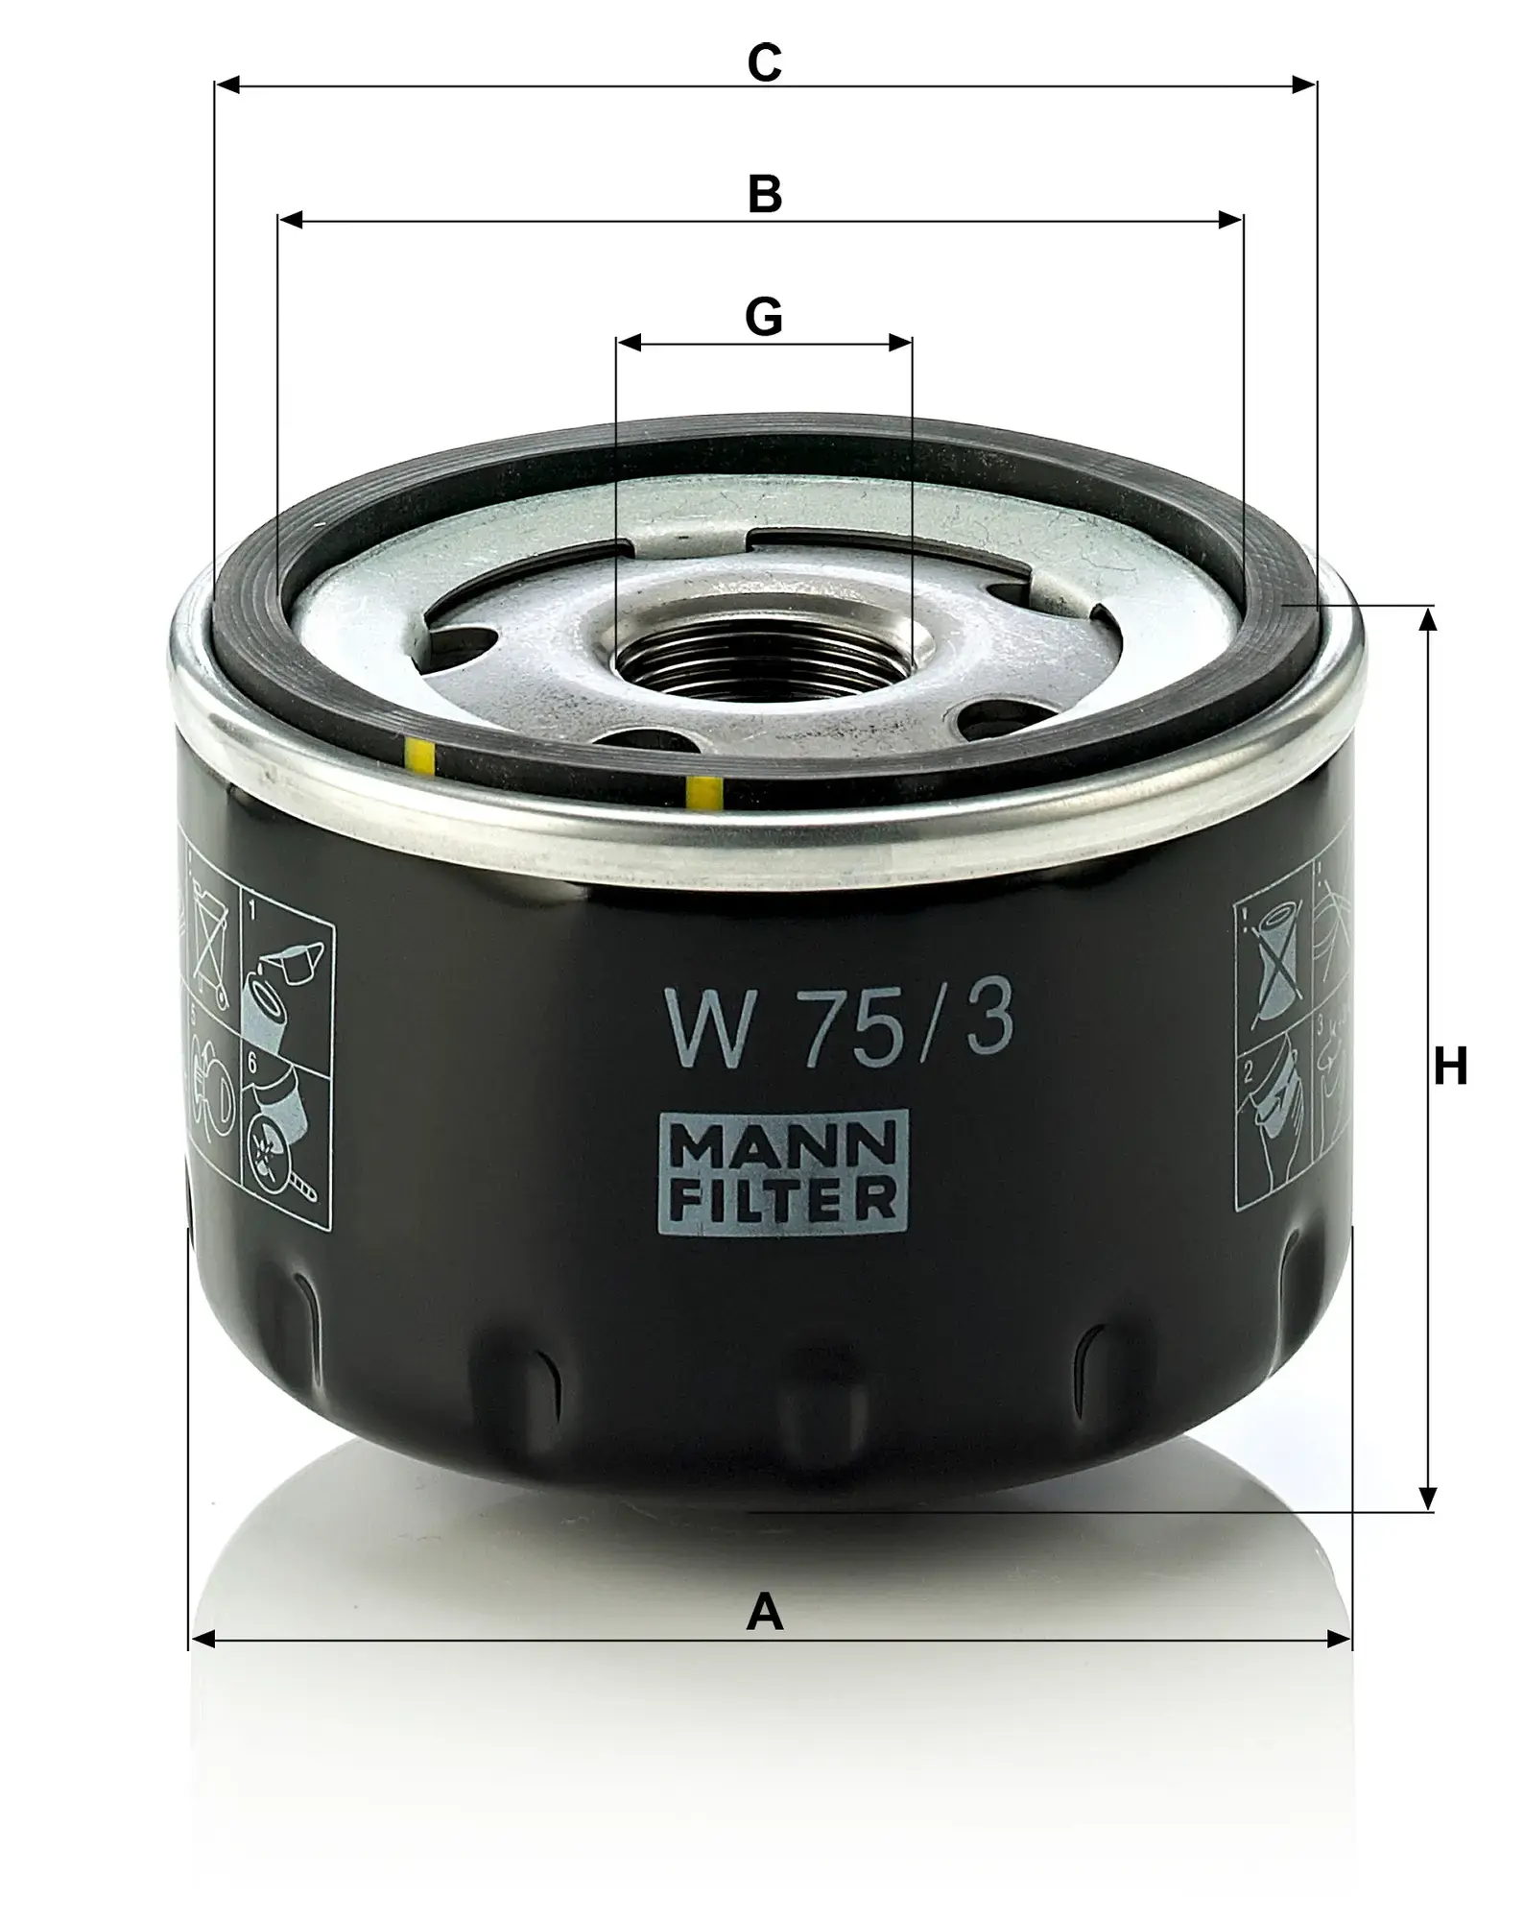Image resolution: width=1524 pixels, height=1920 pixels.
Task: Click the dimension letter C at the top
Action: pyautogui.click(x=764, y=63)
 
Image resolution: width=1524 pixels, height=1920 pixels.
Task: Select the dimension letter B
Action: pyautogui.click(x=765, y=195)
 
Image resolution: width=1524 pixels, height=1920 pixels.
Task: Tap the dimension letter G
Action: pyautogui.click(x=764, y=317)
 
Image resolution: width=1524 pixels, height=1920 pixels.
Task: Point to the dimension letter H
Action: pyautogui.click(x=1450, y=1066)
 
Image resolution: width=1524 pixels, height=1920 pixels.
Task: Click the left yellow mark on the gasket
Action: pyautogui.click(x=419, y=757)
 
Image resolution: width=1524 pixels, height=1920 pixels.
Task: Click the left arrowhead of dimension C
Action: pyautogui.click(x=226, y=86)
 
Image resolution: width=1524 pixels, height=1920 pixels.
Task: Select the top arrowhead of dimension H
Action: pyautogui.click(x=1428, y=619)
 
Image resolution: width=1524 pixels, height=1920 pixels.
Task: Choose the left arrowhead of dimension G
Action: pyautogui.click(x=629, y=343)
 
